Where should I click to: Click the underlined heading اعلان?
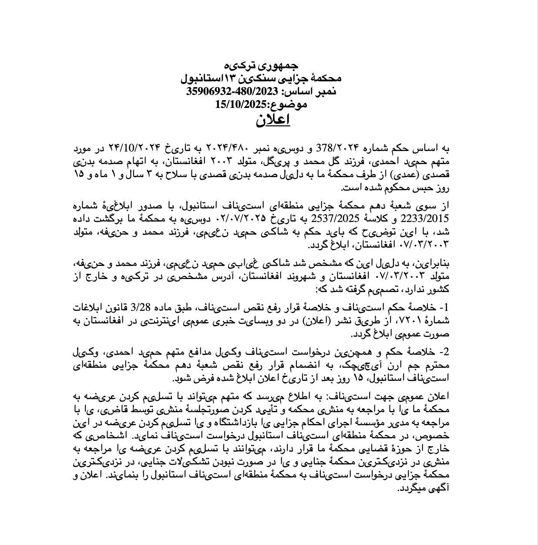tap(273, 120)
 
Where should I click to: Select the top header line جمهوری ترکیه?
tap(261, 66)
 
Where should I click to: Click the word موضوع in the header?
tap(289, 104)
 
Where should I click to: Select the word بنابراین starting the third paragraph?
tap(435, 264)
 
